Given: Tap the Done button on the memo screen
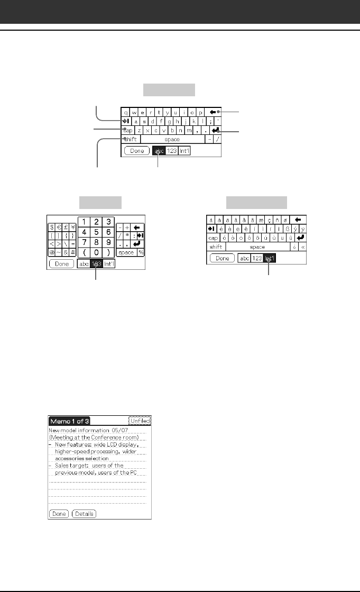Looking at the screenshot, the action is [x=59, y=514].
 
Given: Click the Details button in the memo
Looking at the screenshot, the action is [x=84, y=514].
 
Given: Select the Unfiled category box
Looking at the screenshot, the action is [x=140, y=421].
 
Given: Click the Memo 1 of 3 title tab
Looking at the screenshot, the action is [x=69, y=421].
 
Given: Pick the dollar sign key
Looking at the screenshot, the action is [x=52, y=226].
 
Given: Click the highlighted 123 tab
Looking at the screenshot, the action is [x=96, y=263].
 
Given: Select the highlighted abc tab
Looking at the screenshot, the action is [x=159, y=151].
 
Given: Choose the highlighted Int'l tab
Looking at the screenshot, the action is [x=270, y=259].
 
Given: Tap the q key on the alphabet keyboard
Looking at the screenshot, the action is [x=125, y=112].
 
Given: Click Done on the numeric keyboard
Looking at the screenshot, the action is [x=61, y=263].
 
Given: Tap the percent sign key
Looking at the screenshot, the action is [x=141, y=252].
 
